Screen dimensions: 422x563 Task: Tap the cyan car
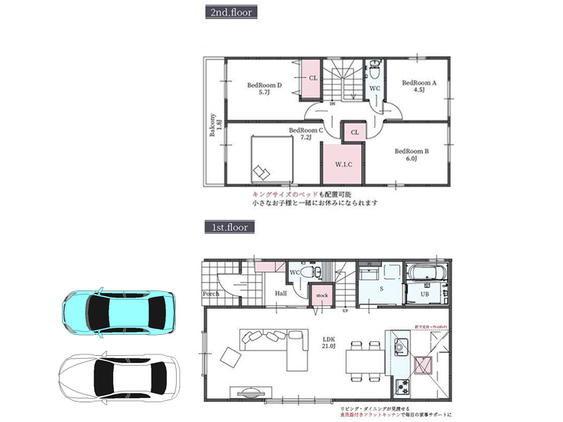118,310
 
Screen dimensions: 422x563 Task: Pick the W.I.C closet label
343,165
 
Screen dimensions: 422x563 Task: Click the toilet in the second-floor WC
375,71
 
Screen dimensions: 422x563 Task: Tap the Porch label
210,294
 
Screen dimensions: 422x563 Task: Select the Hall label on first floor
280,294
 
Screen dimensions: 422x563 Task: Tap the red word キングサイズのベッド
281,193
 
